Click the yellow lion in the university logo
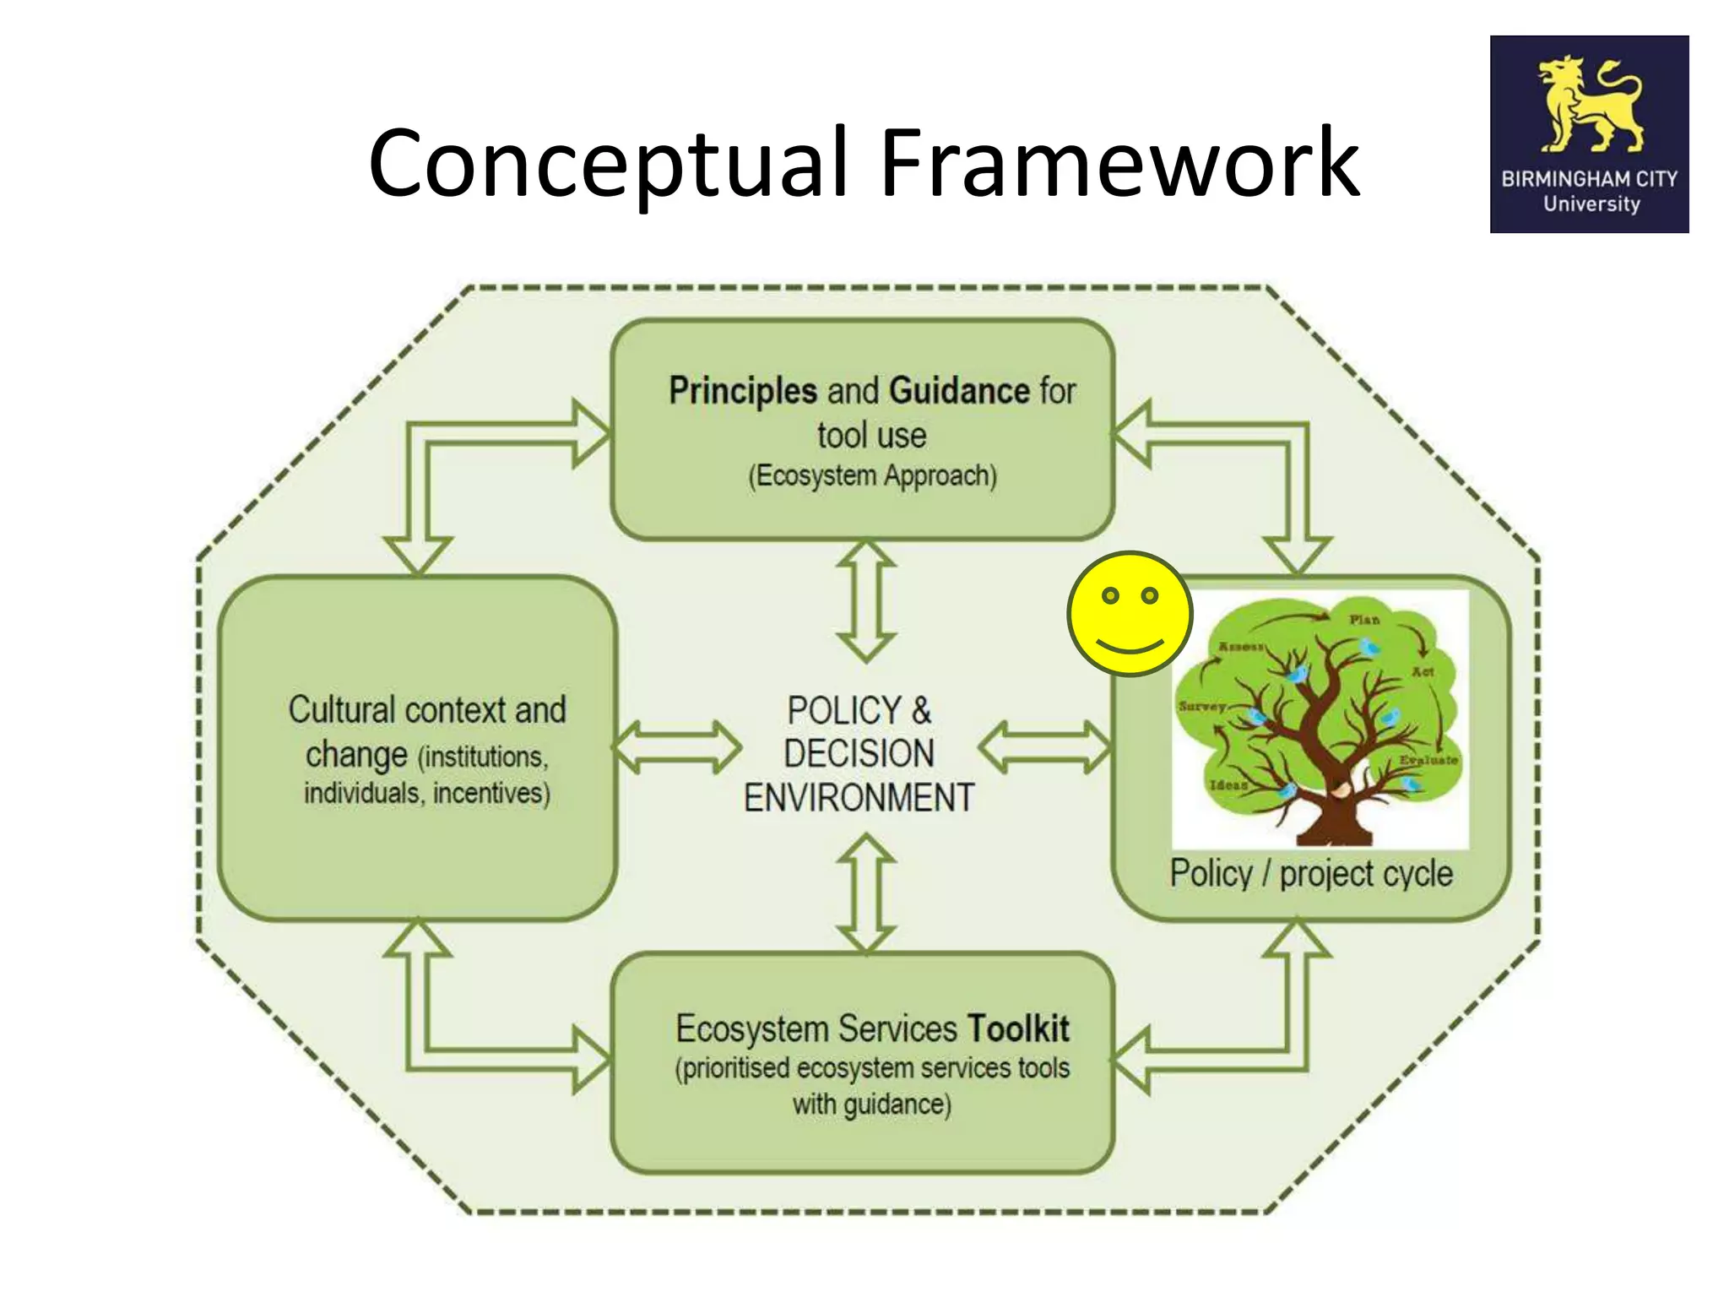point(1587,106)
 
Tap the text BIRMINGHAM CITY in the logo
point(1588,179)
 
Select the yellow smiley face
point(1130,614)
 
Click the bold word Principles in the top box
point(743,391)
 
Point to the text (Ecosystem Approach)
point(872,475)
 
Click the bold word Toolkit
point(1018,1028)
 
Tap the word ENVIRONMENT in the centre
point(859,798)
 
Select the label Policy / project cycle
point(1310,874)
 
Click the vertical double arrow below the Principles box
point(866,601)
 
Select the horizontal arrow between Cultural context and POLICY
point(675,747)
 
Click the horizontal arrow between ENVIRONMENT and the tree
point(1044,747)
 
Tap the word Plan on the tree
point(1363,620)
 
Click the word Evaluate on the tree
point(1428,760)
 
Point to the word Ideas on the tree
point(1228,785)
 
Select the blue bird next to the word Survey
point(1257,716)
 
